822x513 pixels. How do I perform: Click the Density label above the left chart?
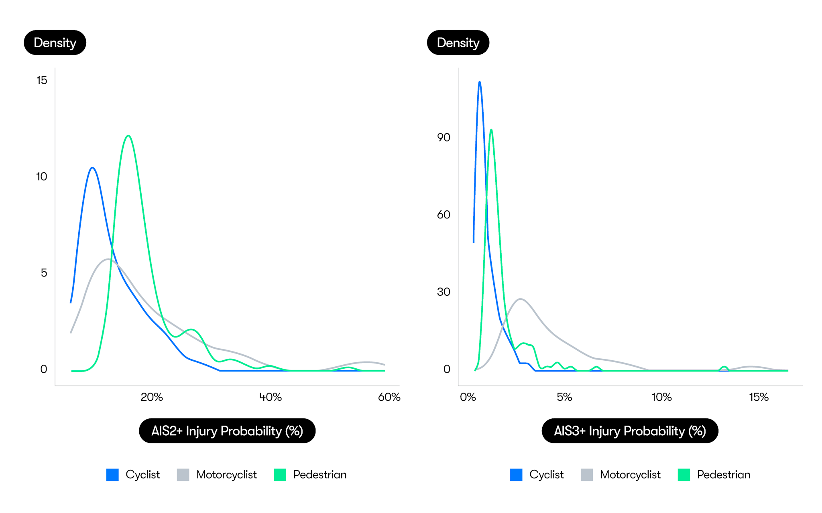pos(55,42)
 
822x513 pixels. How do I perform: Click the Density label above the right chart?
pos(458,42)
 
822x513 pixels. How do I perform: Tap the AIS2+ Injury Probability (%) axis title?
pos(227,431)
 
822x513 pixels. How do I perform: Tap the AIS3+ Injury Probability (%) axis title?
pos(630,431)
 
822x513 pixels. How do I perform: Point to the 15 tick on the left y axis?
pos(42,81)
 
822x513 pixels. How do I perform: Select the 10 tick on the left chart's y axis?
pos(42,177)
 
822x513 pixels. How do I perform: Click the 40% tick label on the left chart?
pos(271,397)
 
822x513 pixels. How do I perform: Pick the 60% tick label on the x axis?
pos(389,397)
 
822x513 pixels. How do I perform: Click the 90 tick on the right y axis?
pos(444,137)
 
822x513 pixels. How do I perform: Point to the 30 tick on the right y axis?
pos(444,292)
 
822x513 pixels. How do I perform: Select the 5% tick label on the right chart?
pos(564,397)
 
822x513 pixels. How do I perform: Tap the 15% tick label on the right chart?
pos(759,397)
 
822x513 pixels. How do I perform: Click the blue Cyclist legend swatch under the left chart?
pos(112,475)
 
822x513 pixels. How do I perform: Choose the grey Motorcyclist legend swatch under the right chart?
pos(587,475)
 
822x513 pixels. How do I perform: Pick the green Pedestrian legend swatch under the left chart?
pos(280,475)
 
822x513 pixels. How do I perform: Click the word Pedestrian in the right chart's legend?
pos(723,475)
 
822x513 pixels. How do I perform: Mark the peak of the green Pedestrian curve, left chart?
pos(128,136)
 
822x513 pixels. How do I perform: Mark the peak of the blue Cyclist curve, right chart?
pos(480,82)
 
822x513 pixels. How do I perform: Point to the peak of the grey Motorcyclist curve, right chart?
pos(520,299)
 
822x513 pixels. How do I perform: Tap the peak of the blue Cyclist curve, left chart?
pos(93,168)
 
